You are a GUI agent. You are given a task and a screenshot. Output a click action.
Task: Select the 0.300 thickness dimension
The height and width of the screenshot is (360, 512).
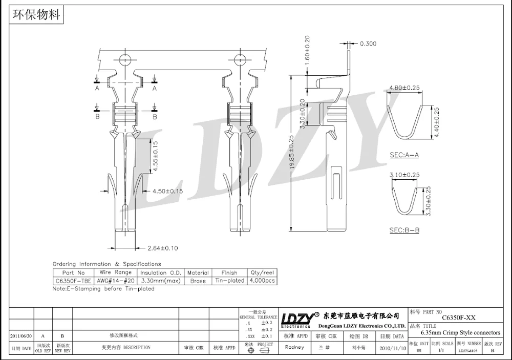pos(368,44)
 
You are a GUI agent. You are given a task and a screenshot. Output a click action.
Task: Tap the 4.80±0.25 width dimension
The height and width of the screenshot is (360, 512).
pos(404,88)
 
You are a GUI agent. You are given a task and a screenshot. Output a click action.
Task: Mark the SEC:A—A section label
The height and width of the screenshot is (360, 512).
pos(404,154)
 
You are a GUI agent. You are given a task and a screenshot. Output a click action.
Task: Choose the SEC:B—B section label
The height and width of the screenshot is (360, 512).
pos(404,230)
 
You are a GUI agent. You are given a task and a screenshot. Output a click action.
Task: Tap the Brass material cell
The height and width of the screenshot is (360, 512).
pos(198,281)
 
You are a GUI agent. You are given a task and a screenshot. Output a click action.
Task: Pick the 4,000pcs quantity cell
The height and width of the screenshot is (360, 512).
pos(262,281)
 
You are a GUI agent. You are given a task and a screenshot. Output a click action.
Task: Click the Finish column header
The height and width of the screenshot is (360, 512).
pos(229,273)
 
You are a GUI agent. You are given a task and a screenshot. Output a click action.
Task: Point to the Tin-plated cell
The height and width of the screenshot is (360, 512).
pos(229,281)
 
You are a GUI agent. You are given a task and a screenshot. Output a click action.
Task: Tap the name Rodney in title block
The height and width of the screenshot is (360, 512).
pos(294,347)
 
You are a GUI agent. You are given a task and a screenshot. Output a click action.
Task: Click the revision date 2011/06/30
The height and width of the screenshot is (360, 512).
pos(21,335)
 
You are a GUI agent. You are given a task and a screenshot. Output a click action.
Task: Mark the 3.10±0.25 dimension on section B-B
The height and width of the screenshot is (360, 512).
pos(404,175)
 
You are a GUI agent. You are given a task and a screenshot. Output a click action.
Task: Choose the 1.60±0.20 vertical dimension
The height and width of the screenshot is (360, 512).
pos(307,49)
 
